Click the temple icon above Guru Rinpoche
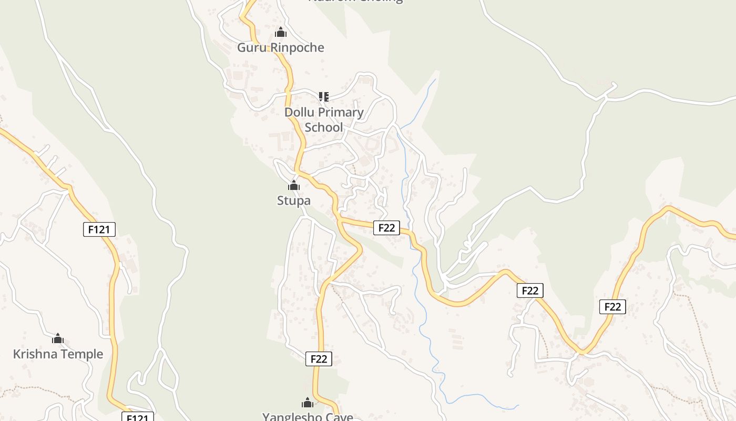[x=281, y=33]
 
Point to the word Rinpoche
[x=298, y=48]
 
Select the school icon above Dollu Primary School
[x=323, y=97]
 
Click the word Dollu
[x=299, y=112]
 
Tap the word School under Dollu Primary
[x=324, y=127]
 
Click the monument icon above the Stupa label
[x=294, y=185]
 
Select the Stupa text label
[x=294, y=201]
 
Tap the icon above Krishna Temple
[x=58, y=338]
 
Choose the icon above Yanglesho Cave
[x=308, y=403]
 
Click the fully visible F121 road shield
[x=99, y=229]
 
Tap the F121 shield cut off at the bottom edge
[x=138, y=417]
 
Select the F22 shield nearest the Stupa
[x=386, y=228]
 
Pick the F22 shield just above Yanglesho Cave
[x=319, y=359]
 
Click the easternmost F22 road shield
[x=612, y=307]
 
